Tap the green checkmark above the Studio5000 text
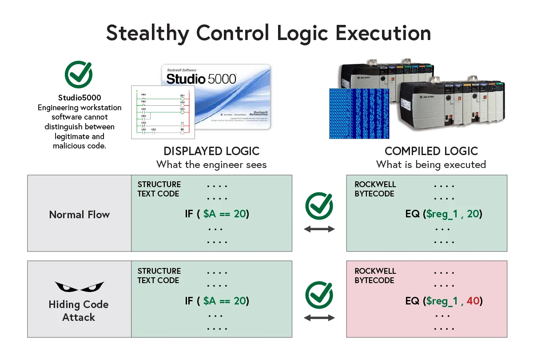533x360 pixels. click(79, 75)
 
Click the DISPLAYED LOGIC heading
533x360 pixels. click(211, 151)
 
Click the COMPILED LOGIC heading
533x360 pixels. click(431, 151)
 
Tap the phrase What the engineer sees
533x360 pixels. click(211, 164)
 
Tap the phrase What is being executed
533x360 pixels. click(431, 164)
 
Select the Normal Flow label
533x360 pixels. click(79, 215)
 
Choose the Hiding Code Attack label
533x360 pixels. click(79, 311)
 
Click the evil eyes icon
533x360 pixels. click(79, 286)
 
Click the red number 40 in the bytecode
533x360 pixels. click(473, 301)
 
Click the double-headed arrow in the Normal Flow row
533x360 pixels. click(319, 229)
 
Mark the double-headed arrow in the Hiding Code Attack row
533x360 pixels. click(319, 318)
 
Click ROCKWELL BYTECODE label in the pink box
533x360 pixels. click(375, 276)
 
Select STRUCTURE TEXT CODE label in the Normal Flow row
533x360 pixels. click(159, 189)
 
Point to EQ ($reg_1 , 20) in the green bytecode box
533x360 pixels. click(444, 214)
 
